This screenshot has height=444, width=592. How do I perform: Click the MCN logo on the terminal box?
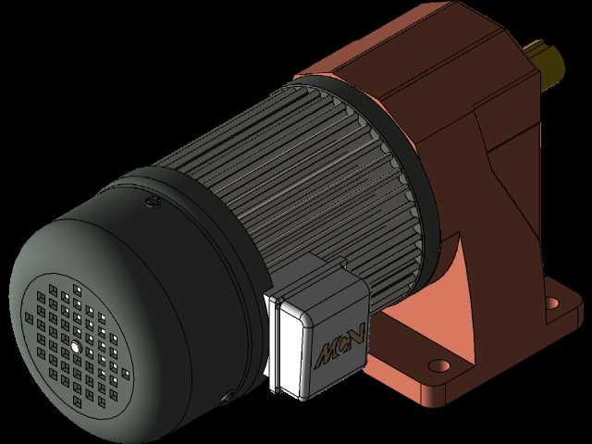tap(340, 346)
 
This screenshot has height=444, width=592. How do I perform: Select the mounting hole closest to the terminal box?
tap(439, 365)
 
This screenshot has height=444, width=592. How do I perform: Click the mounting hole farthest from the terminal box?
tap(552, 302)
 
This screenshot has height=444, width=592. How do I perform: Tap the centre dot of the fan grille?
tap(77, 346)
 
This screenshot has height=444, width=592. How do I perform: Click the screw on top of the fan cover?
tap(153, 203)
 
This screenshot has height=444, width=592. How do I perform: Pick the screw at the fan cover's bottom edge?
tap(228, 397)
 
